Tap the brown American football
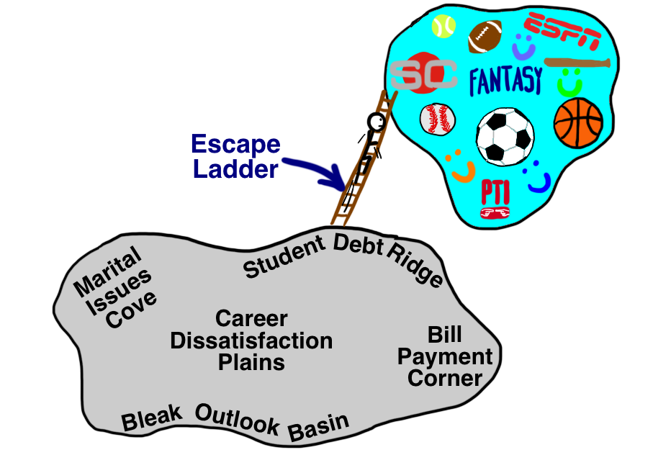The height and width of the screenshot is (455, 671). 485,37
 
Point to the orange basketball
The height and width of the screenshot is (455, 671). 577,122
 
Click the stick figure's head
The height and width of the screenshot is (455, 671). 376,120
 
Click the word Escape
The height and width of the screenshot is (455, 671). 235,145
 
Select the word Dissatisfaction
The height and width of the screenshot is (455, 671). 251,340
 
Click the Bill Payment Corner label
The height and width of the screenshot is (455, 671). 445,357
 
